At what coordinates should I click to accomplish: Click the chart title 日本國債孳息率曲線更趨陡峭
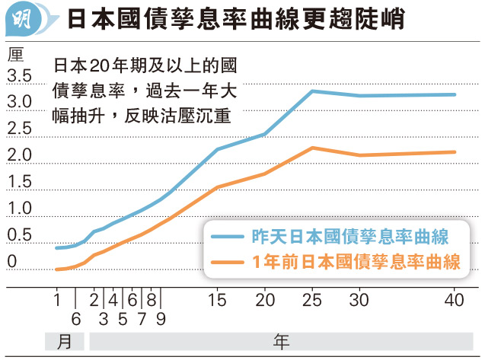coord(243,19)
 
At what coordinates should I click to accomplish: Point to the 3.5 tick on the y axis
coord(19,76)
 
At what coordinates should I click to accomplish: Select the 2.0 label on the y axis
coord(19,155)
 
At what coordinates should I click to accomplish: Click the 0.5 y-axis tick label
coord(19,235)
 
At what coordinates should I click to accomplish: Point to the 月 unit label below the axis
coord(65,341)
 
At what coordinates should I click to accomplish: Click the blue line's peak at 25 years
coord(312,91)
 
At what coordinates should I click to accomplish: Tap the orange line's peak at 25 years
coord(312,148)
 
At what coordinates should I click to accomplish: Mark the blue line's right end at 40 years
coord(455,95)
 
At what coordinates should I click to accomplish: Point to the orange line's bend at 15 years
coord(218,186)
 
